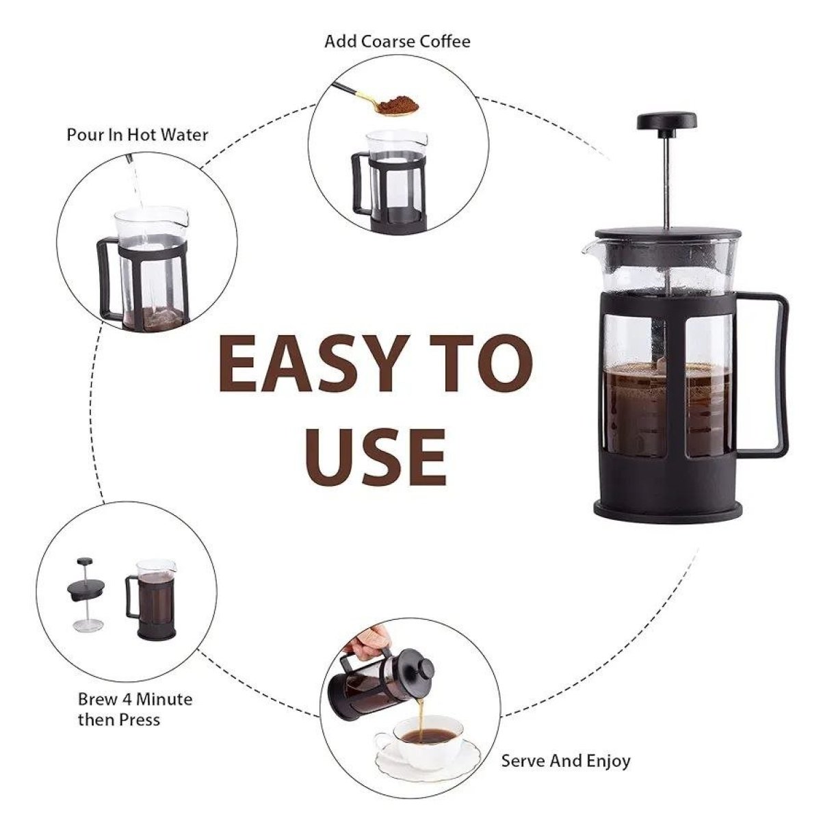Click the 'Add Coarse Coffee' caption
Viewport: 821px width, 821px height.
[x=397, y=42]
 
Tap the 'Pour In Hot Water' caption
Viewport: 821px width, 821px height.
[x=138, y=135]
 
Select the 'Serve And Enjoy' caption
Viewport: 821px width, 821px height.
[x=565, y=761]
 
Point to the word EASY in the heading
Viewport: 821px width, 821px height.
[x=315, y=363]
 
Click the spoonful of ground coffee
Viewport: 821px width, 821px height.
[x=397, y=105]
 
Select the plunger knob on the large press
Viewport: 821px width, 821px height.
[x=667, y=121]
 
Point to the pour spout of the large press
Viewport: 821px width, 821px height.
[x=586, y=249]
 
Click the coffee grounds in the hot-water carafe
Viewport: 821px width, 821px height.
[x=154, y=318]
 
